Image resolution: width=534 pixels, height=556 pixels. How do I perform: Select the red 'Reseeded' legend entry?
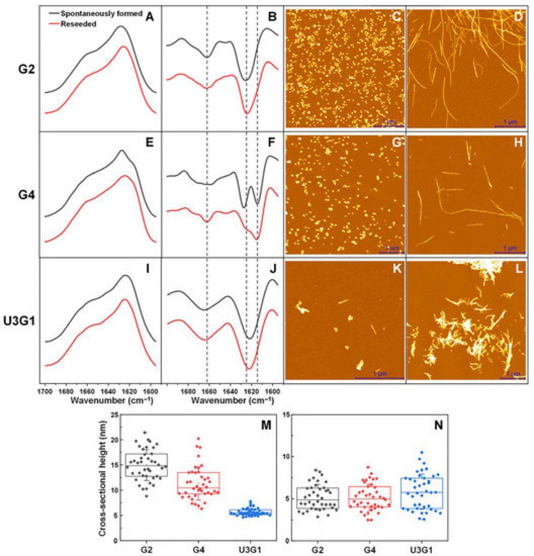(x=80, y=24)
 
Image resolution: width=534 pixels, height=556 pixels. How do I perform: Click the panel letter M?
(x=266, y=425)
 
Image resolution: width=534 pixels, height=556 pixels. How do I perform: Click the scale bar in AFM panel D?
(x=510, y=126)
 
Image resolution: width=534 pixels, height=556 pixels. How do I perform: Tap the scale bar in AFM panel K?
(x=379, y=378)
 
